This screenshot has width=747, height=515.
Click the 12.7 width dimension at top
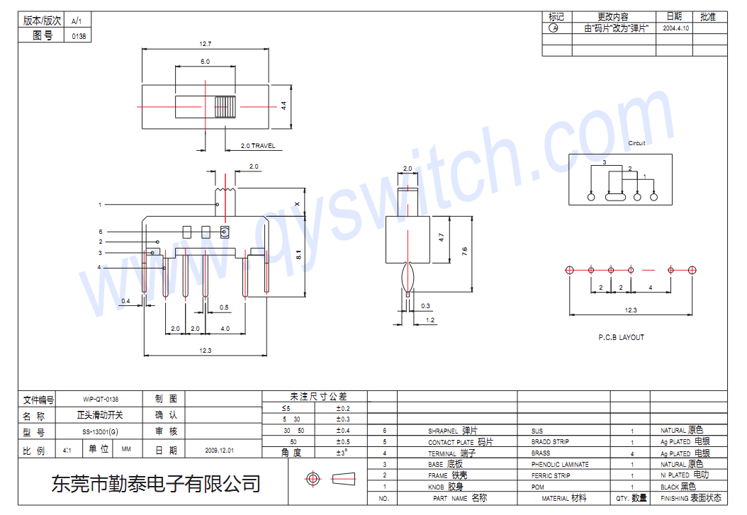pos(205,44)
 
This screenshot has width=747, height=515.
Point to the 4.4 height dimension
pos(283,106)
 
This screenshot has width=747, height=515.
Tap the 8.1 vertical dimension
pos(298,254)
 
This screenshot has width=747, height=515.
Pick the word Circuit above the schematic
pos(636,143)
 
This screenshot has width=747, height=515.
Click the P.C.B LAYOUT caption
pos(621,337)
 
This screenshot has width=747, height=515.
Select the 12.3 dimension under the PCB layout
pos(631,310)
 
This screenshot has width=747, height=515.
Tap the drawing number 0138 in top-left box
pos(79,36)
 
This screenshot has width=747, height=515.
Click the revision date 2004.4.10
pos(675,29)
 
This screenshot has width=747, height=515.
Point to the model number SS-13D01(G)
pos(101,432)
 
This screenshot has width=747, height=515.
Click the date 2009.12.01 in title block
pos(219,450)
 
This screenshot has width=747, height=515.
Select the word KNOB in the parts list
pos(436,487)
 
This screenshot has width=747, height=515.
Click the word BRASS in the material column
pos(540,453)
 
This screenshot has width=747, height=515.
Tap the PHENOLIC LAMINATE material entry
pos(559,465)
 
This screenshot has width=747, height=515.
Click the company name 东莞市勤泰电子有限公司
pos(156,484)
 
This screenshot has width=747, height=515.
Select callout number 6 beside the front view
pos(101,232)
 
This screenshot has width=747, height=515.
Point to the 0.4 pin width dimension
pos(125,301)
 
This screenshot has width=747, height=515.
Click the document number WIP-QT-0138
pos(101,400)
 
